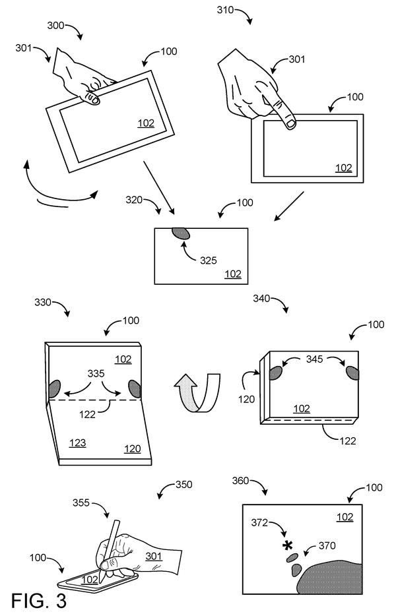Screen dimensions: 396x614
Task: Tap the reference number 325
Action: pos(209,261)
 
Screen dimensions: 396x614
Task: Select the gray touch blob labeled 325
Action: pos(181,233)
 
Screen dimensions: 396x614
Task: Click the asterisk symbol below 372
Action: pos(288,545)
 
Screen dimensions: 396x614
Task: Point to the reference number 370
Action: pos(327,545)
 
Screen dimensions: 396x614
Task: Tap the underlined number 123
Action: pos(78,443)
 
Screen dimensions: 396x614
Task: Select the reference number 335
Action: pos(96,373)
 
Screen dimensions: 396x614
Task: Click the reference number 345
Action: pos(315,359)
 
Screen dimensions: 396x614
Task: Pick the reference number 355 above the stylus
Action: pos(81,503)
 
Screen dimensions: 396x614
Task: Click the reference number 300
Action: pos(55,26)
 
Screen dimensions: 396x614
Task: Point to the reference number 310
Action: pos(225,9)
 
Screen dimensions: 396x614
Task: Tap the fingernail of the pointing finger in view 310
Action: pos(290,124)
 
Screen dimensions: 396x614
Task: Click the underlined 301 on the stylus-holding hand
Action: pos(154,556)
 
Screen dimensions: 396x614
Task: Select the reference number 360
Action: pos(240,481)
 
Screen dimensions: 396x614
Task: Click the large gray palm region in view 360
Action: pos(330,578)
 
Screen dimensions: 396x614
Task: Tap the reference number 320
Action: pos(134,200)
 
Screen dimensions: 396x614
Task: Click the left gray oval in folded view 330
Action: pos(54,389)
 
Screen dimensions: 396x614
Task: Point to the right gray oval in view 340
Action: pos(352,373)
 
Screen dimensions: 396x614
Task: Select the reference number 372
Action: pos(259,523)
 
